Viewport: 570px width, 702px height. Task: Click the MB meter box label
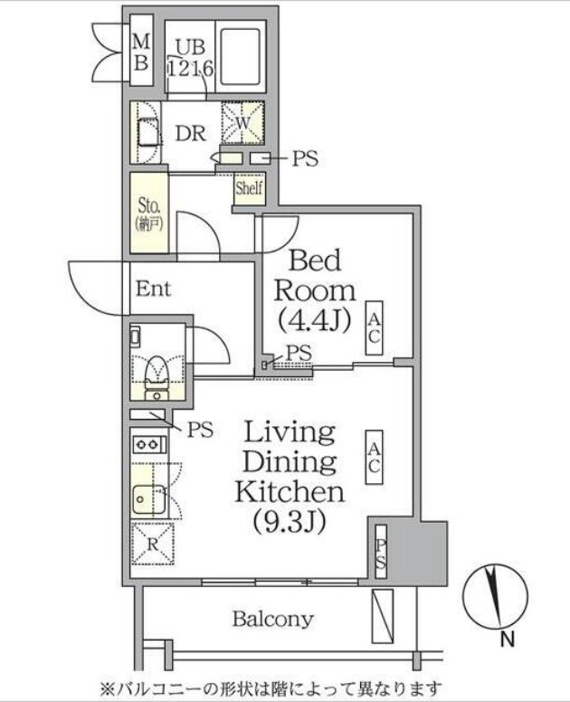pos(141,52)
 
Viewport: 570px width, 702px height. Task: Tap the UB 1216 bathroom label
pos(190,58)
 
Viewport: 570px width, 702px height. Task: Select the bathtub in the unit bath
pos(240,57)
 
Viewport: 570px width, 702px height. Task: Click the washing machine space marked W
pos(242,122)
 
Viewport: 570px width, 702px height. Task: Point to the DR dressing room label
pos(190,133)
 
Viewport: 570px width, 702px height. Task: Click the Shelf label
pos(249,187)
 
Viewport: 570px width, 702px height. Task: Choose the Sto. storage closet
pos(149,213)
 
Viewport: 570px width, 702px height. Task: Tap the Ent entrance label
pos(153,289)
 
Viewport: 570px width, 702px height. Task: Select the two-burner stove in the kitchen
pos(148,444)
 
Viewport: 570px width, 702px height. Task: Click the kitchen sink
pos(148,499)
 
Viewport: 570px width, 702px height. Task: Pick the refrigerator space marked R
pos(153,543)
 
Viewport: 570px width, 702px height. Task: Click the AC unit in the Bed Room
pos(374,327)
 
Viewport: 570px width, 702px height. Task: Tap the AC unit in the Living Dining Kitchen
pos(374,457)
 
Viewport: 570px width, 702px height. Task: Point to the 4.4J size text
pos(314,320)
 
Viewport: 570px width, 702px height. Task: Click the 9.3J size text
pos(290,521)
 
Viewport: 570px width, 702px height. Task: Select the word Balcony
pos(272,620)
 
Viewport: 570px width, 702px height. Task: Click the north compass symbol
pos(496,596)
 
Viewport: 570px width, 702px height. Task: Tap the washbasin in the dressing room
pos(147,132)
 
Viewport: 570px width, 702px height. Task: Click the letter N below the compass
pos(507,640)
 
